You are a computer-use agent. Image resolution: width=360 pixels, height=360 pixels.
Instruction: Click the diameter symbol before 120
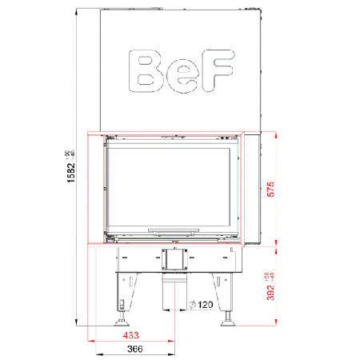[x=192, y=305]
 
